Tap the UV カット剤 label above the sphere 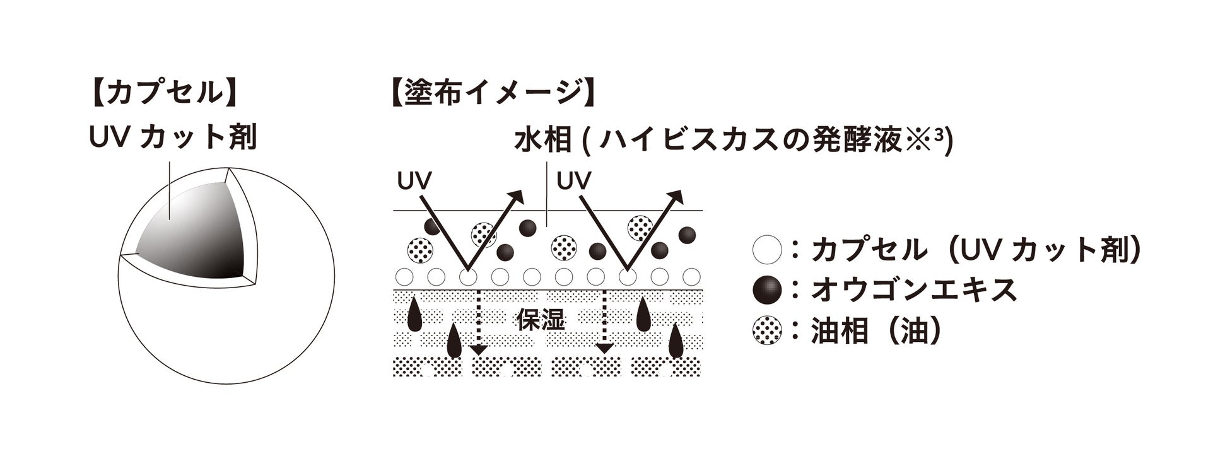[173, 136]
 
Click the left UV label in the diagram [414, 181]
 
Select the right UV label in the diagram [574, 181]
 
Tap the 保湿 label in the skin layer [541, 320]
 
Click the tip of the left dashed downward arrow [478, 349]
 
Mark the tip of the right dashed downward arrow [605, 349]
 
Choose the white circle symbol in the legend [767, 250]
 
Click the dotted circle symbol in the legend [767, 330]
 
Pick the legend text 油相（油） [877, 330]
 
